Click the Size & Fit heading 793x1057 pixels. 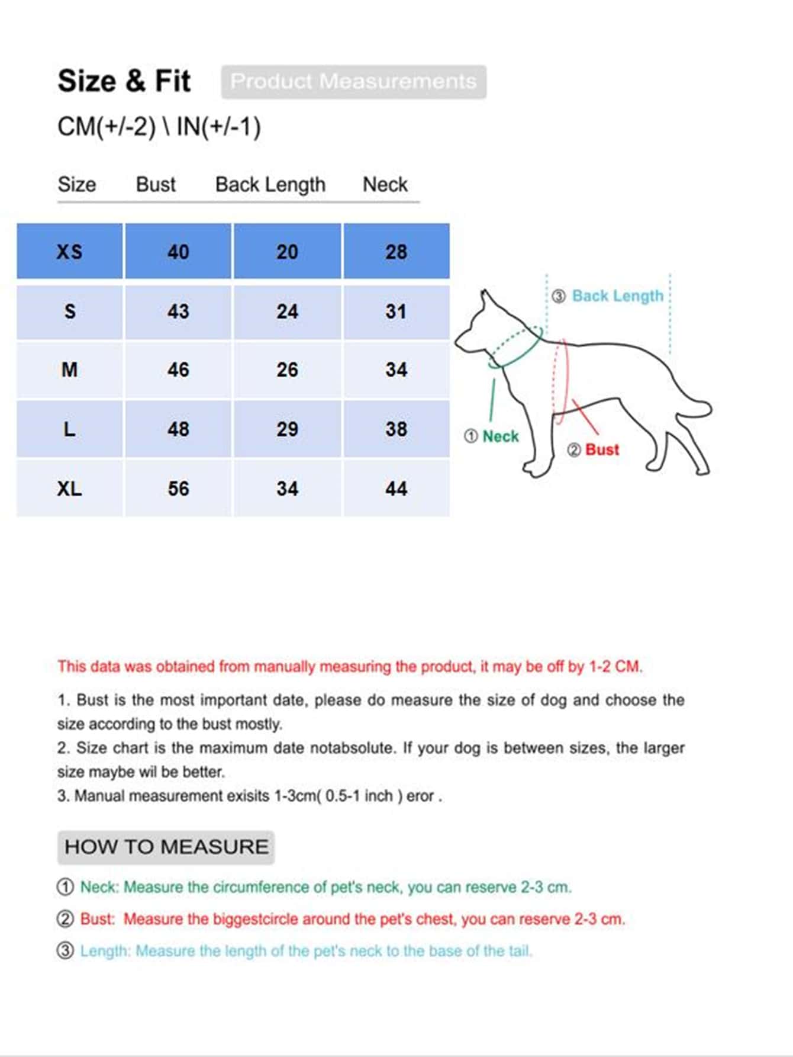[x=124, y=81]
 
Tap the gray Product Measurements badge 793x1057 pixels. [x=353, y=82]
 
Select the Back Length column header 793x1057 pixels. [x=270, y=185]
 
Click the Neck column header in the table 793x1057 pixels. [x=385, y=185]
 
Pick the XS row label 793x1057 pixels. [x=69, y=252]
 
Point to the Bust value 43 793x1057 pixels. [x=178, y=311]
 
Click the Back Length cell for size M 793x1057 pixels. [x=287, y=370]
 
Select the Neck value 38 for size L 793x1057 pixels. [x=396, y=429]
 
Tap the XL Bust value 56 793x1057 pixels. [x=178, y=489]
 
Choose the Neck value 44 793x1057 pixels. [x=396, y=489]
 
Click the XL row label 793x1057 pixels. [x=69, y=489]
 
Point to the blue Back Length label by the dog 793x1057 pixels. [x=617, y=296]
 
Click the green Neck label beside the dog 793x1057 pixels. [x=500, y=436]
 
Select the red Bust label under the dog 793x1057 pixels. [x=602, y=450]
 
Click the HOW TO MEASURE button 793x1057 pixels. [x=166, y=847]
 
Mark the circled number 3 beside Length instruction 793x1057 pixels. [x=65, y=951]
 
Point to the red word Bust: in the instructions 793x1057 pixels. [x=97, y=919]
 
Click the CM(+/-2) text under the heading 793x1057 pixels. [x=107, y=127]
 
